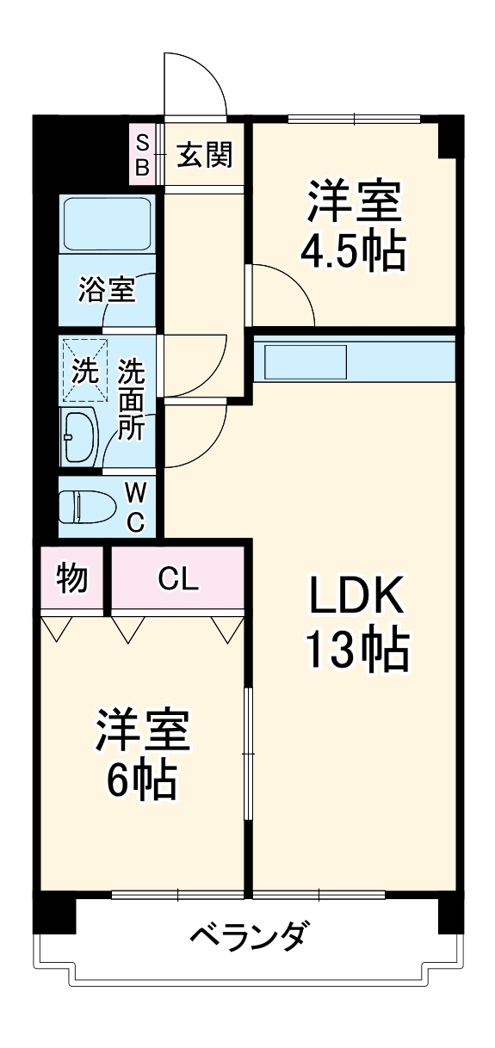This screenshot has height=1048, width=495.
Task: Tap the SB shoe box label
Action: point(142,154)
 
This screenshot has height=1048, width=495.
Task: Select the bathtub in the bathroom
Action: point(108,224)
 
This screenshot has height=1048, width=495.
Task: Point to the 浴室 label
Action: point(106,290)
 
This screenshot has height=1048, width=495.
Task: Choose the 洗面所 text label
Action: point(132,399)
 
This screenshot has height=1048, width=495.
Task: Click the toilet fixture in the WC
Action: point(87,506)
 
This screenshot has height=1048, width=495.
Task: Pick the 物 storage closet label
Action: point(72,579)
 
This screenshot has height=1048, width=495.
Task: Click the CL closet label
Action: point(179,579)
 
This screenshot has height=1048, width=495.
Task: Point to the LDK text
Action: point(355,595)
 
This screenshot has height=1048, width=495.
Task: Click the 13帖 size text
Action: point(355,651)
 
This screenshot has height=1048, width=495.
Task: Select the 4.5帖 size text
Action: point(353,251)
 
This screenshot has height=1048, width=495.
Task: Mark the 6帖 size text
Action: point(142,779)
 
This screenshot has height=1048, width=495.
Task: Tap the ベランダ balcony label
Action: point(247,934)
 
